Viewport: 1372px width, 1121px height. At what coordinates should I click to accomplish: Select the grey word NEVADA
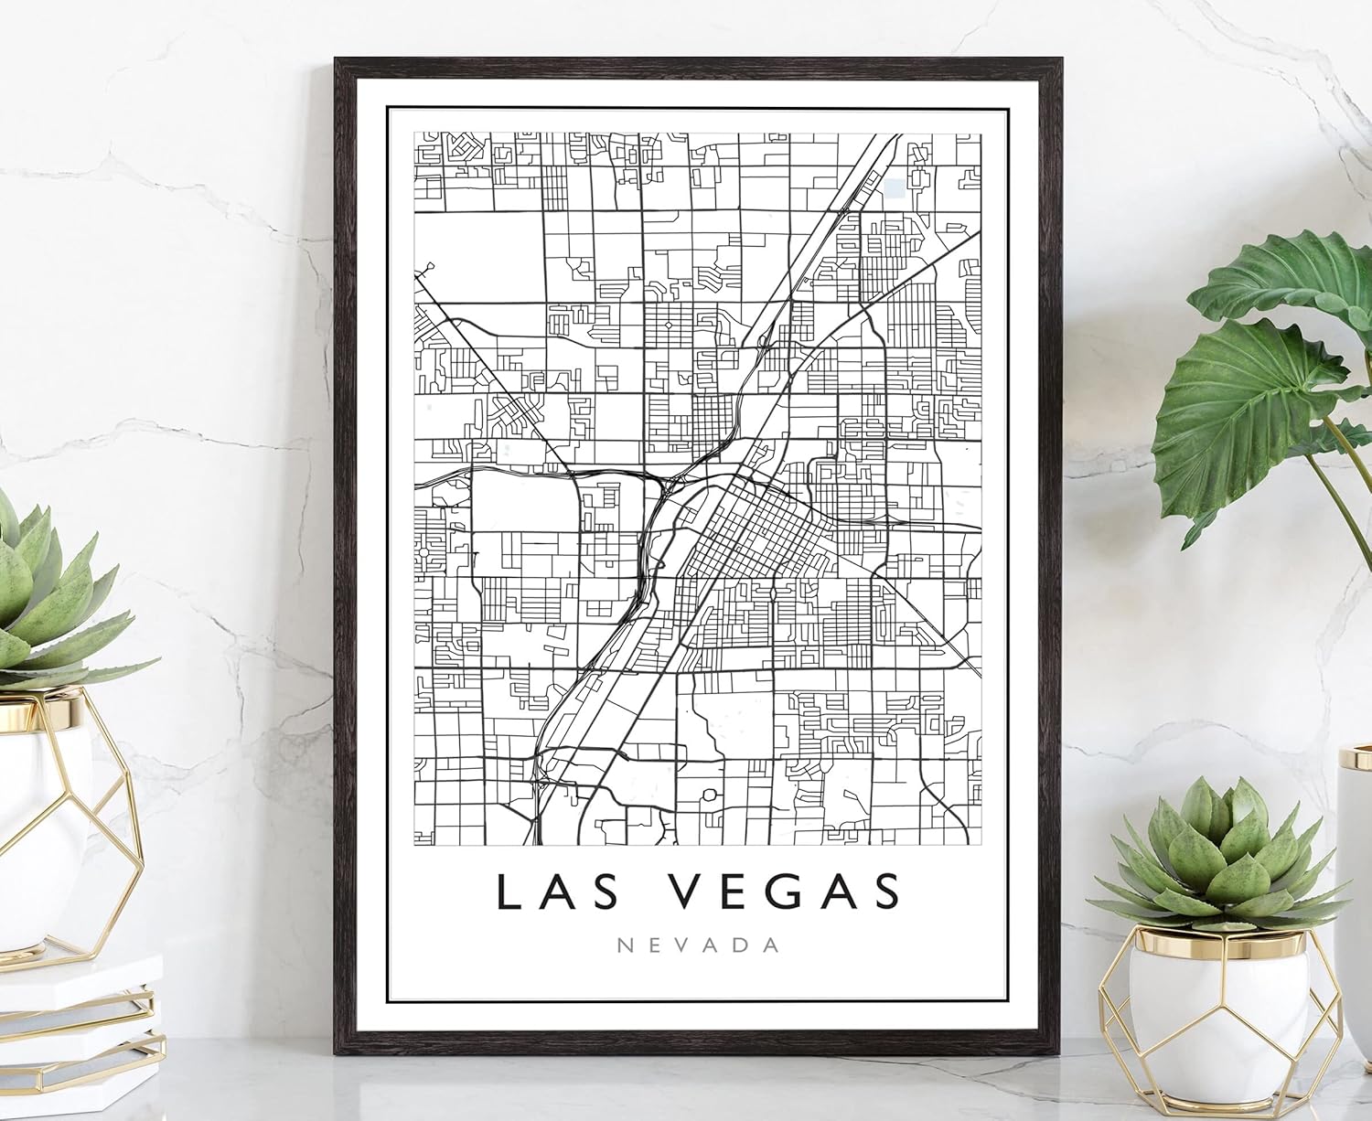point(699,945)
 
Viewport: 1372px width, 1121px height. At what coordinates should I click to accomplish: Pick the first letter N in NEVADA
point(626,945)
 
